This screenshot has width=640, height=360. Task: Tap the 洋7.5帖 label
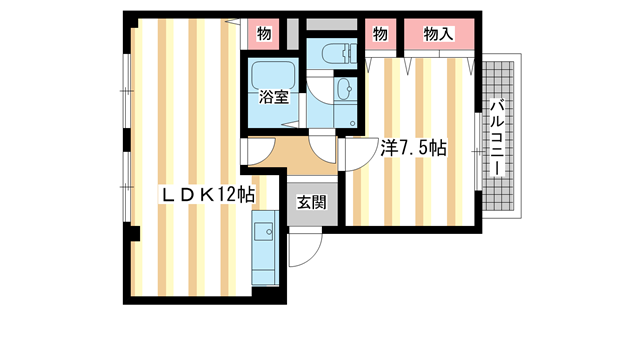point(412,148)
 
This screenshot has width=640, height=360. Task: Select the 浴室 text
point(274,97)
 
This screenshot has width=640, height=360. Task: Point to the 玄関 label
point(311,202)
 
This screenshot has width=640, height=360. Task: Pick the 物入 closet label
point(439,34)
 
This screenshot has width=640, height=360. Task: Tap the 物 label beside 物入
point(380,34)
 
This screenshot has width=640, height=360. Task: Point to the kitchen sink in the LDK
point(264,233)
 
